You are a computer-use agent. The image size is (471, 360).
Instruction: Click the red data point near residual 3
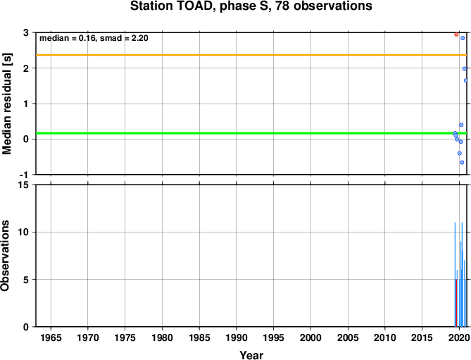[x=456, y=35]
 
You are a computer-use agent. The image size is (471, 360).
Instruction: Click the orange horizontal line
[x=251, y=55]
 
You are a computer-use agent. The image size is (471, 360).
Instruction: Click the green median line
[x=251, y=133]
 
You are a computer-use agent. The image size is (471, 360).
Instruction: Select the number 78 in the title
[x=282, y=6]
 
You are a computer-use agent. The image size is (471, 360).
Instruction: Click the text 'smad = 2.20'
[x=124, y=38]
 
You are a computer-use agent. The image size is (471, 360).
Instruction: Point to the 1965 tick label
[x=51, y=337]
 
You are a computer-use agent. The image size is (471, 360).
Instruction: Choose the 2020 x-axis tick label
[x=459, y=337]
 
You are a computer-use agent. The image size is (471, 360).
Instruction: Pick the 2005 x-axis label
[x=348, y=337]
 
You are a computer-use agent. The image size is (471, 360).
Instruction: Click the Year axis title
[x=251, y=355]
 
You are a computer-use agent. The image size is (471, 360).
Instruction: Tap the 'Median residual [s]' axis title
[x=6, y=104]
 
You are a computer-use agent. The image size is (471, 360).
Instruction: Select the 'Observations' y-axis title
[x=5, y=256]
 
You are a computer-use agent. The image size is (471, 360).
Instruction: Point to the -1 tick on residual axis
[x=27, y=175]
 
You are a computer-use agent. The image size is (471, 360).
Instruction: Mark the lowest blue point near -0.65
[x=462, y=162]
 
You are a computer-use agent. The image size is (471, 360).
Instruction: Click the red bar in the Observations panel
[x=456, y=303]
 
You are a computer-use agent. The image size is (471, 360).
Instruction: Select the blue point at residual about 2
[x=465, y=69]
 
